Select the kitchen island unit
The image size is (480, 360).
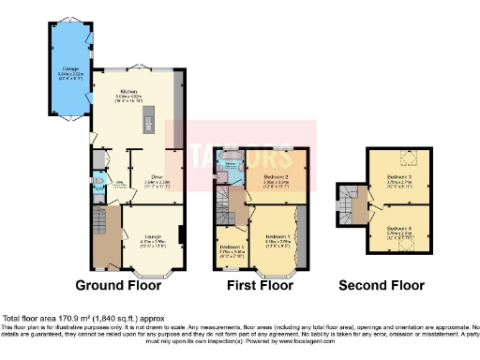[x=147, y=121]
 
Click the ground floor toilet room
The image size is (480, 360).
[x=99, y=184]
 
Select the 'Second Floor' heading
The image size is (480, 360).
[x=382, y=287]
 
